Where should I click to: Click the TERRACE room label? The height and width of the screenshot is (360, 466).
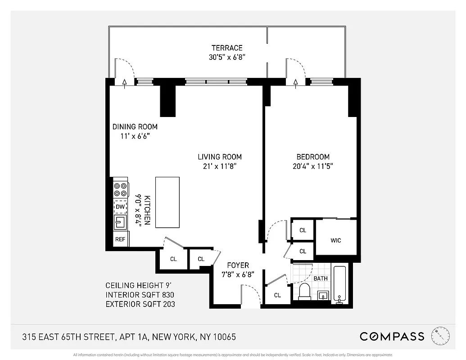(227, 48)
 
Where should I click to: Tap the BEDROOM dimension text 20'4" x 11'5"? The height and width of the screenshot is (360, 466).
(313, 166)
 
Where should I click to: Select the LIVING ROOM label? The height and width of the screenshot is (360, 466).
(220, 157)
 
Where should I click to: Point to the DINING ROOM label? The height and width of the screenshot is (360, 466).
(135, 126)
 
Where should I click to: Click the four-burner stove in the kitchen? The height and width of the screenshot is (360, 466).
(120, 189)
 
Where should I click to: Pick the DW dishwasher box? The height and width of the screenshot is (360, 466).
(120, 207)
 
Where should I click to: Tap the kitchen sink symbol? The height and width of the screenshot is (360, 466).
(120, 222)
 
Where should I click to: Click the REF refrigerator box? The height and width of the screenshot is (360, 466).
(120, 239)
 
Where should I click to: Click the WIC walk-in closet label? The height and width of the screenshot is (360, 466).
(336, 240)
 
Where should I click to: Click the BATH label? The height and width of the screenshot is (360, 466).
(321, 279)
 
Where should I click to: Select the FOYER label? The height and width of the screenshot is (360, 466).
(238, 265)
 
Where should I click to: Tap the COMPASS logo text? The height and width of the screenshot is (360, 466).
(392, 336)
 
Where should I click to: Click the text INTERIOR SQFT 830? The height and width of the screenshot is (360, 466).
(140, 295)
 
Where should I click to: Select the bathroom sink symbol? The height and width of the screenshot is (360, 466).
(323, 296)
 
